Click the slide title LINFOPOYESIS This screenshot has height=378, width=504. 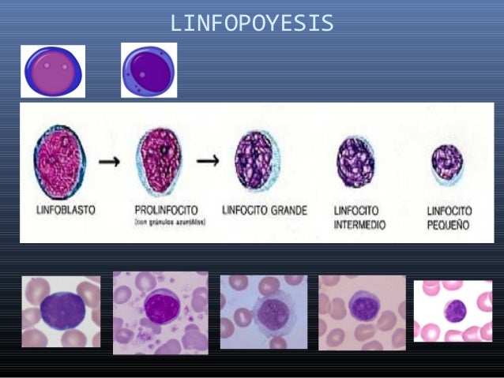(x=252, y=24)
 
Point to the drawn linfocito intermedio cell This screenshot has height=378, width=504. (x=355, y=162)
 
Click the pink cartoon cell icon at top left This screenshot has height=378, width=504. (x=52, y=71)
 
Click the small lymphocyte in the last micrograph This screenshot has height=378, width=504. (x=455, y=311)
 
